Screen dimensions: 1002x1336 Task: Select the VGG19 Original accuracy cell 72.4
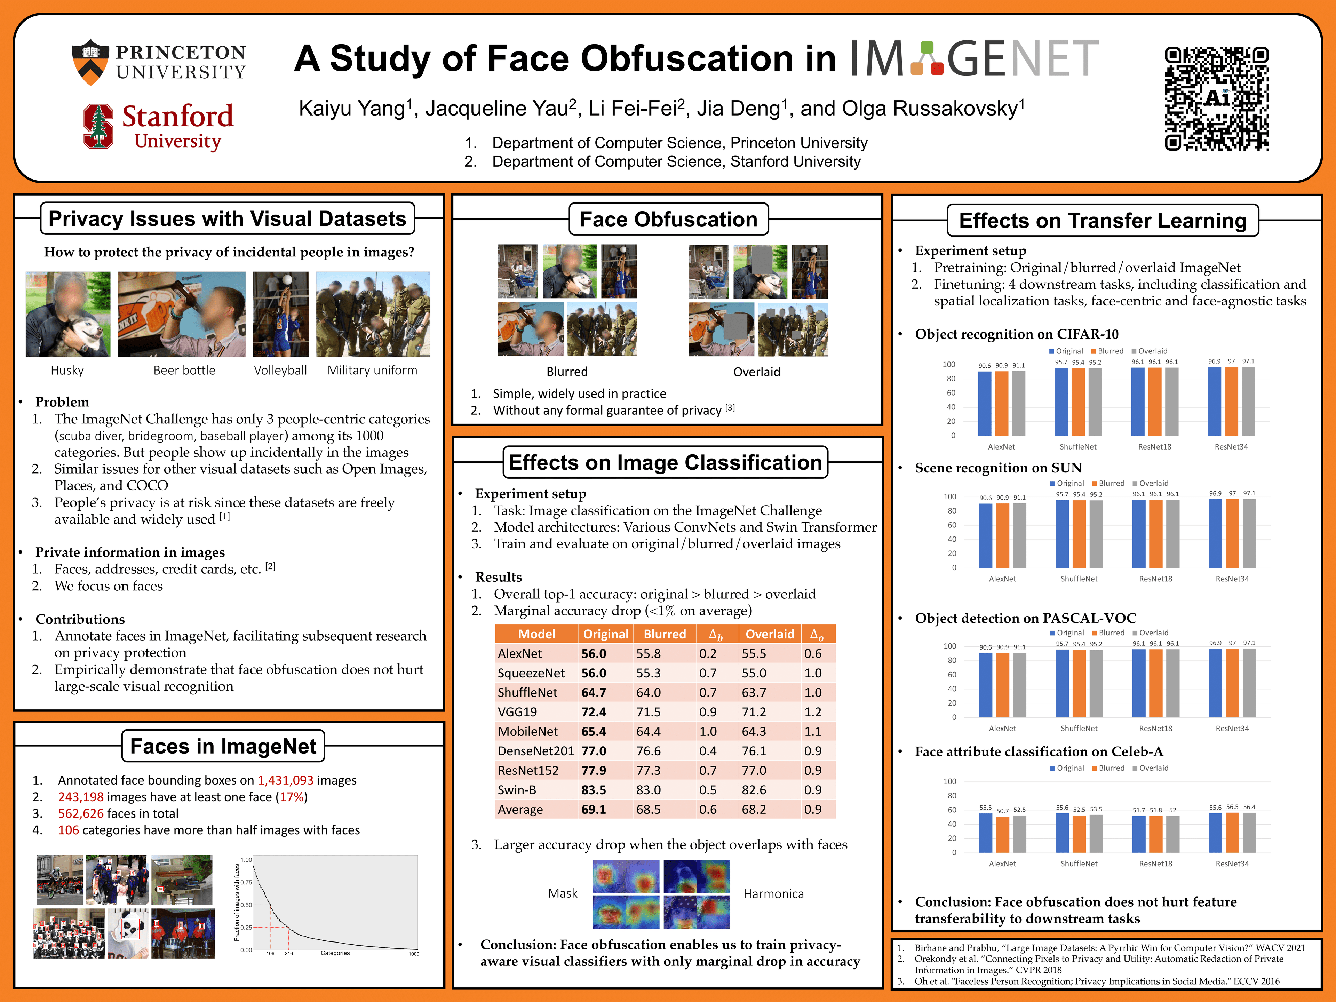coord(594,712)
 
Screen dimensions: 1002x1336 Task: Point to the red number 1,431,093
coord(286,780)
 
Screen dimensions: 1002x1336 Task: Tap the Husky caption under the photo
coord(67,370)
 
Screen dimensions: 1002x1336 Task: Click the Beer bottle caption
coord(184,370)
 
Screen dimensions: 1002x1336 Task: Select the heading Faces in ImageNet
coord(223,747)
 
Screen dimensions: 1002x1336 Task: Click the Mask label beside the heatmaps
coord(562,893)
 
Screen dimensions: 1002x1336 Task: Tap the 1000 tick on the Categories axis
coord(414,954)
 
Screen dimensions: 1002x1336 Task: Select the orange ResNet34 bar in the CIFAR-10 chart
coord(1231,401)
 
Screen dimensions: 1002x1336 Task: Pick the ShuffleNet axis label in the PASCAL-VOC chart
coord(1079,729)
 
